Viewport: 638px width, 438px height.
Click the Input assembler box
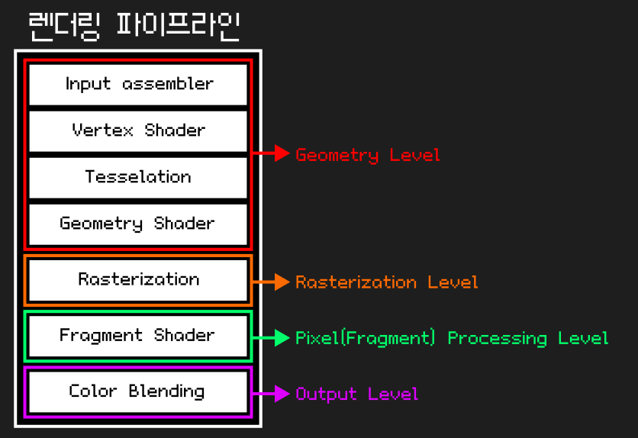tap(138, 84)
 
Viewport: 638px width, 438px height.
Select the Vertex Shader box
tap(138, 130)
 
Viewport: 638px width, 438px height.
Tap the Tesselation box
tap(138, 177)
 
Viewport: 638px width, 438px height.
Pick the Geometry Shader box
tap(138, 224)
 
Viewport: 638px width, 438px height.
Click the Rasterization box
tap(138, 280)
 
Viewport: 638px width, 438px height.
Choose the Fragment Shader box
tap(138, 336)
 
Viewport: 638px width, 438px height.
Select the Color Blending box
tap(138, 391)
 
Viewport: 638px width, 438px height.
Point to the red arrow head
tap(282, 154)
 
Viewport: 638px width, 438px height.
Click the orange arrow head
tap(282, 282)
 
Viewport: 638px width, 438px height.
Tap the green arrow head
tap(282, 338)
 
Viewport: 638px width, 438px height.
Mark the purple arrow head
tap(282, 394)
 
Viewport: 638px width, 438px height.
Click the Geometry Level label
tap(368, 156)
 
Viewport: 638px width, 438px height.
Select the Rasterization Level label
tap(387, 282)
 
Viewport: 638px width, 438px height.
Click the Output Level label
tap(357, 395)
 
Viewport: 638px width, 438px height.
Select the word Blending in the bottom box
tap(166, 392)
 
